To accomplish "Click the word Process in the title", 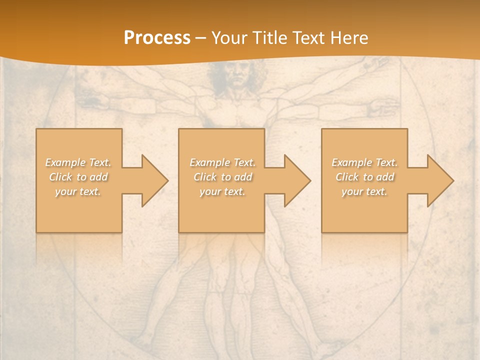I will coord(157,38).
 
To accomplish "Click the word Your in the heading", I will coord(230,38).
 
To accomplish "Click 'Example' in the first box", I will coord(65,162).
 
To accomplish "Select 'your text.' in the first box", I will coord(78,191).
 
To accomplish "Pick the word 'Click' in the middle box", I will coord(204,177).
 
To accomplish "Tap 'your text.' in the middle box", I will coord(222,191).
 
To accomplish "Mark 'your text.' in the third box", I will coord(364,191).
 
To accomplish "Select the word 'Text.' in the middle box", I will coord(244,162).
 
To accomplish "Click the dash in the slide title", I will coord(201,38).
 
